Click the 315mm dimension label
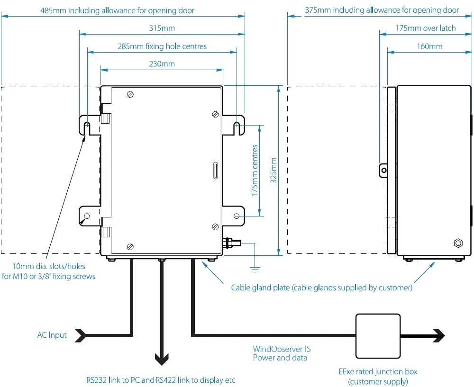[162, 28]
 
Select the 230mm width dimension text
[162, 64]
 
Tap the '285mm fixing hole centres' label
[162, 46]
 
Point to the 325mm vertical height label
[273, 170]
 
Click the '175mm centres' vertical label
[255, 171]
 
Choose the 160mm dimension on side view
[429, 46]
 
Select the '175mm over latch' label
[426, 28]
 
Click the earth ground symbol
[255, 270]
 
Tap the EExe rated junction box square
[378, 336]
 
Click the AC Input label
[52, 335]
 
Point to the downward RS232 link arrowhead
[162, 359]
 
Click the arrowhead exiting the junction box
[439, 336]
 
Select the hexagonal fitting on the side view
[458, 243]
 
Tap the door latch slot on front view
[216, 171]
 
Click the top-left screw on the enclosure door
[130, 95]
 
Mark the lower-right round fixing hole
[237, 216]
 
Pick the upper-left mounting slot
[87, 128]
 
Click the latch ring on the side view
[384, 171]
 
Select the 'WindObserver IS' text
[282, 349]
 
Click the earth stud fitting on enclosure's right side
[232, 243]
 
